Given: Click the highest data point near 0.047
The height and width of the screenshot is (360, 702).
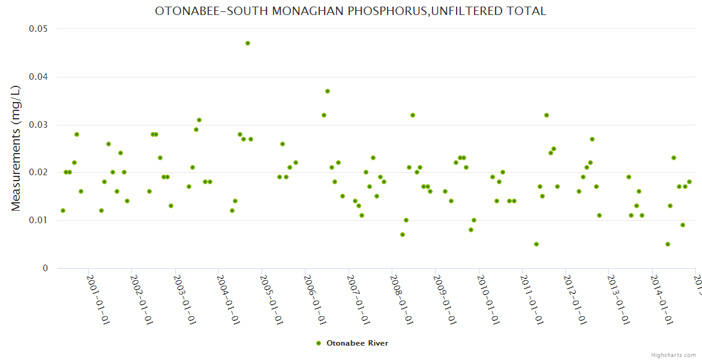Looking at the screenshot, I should [x=248, y=43].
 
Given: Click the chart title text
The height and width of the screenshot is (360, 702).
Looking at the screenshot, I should [x=350, y=11].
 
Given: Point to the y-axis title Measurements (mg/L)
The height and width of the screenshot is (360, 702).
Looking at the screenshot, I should [x=16, y=148].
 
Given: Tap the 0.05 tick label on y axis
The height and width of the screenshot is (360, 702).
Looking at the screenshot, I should [x=38, y=29].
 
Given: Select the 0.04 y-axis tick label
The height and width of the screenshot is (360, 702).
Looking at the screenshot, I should [x=38, y=77].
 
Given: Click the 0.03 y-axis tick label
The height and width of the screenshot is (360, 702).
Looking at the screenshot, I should [x=38, y=125].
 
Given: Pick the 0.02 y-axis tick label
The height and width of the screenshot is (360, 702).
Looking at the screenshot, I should [x=38, y=172].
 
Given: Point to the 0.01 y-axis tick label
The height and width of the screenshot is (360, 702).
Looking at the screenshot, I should [x=38, y=220].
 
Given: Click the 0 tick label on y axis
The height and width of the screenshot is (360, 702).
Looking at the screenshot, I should [x=45, y=268].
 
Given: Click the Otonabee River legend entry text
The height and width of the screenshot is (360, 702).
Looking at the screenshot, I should [x=357, y=343].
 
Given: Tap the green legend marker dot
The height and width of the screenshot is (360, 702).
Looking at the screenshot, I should [x=319, y=343].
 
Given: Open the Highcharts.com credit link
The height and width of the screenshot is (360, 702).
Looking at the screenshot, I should [x=673, y=355].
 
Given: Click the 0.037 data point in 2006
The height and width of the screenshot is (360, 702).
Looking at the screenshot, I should [x=328, y=91].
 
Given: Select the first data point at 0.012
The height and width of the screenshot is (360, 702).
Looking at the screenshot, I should [x=63, y=211].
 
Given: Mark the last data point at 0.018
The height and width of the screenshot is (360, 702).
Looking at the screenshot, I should [x=689, y=182].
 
